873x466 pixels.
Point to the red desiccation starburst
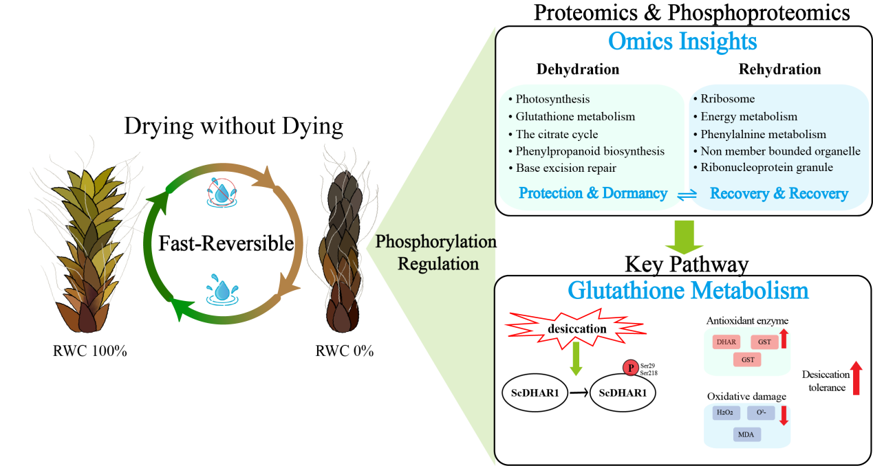coord(576,329)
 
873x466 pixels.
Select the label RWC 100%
coord(90,351)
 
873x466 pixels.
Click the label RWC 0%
coord(344,351)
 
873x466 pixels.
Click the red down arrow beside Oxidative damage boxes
coord(783,414)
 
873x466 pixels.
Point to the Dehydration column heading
coord(578,69)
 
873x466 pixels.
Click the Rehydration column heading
coord(779,69)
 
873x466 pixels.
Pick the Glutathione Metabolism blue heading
coord(687,290)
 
